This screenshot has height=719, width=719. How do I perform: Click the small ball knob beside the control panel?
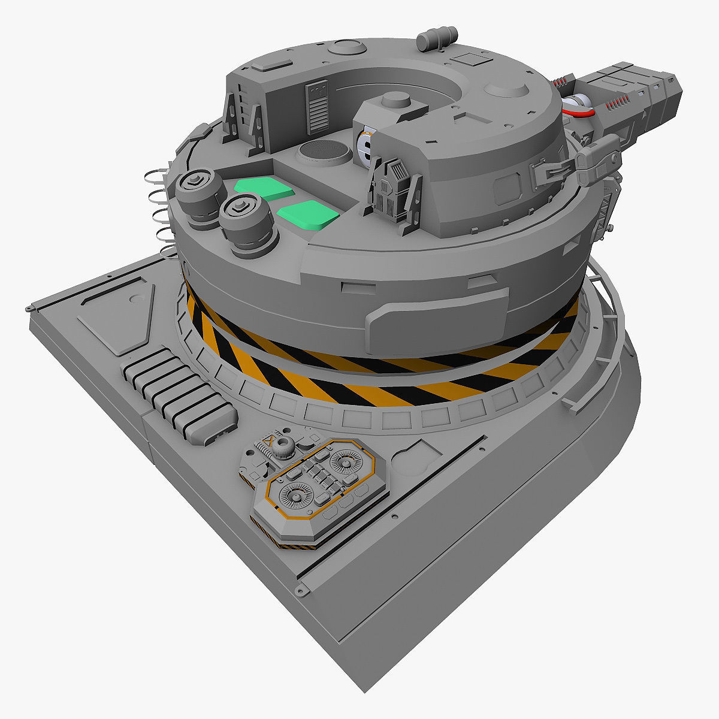[285, 445]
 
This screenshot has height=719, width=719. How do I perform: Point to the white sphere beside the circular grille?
[365, 146]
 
